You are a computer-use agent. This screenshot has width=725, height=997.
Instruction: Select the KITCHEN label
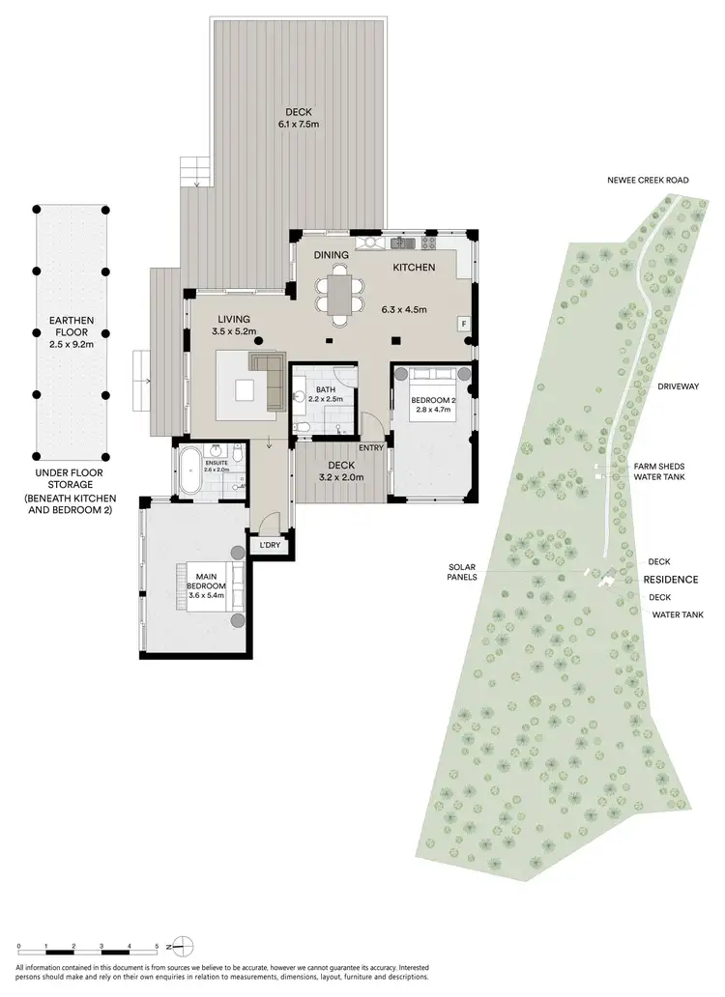(x=413, y=267)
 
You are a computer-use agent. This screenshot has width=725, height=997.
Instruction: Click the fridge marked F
(x=464, y=324)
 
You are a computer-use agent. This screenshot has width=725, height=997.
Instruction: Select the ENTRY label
(x=370, y=447)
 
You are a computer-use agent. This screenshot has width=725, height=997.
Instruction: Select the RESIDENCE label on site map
(x=671, y=579)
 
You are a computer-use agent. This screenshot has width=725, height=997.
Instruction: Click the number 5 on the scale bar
(x=157, y=947)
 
